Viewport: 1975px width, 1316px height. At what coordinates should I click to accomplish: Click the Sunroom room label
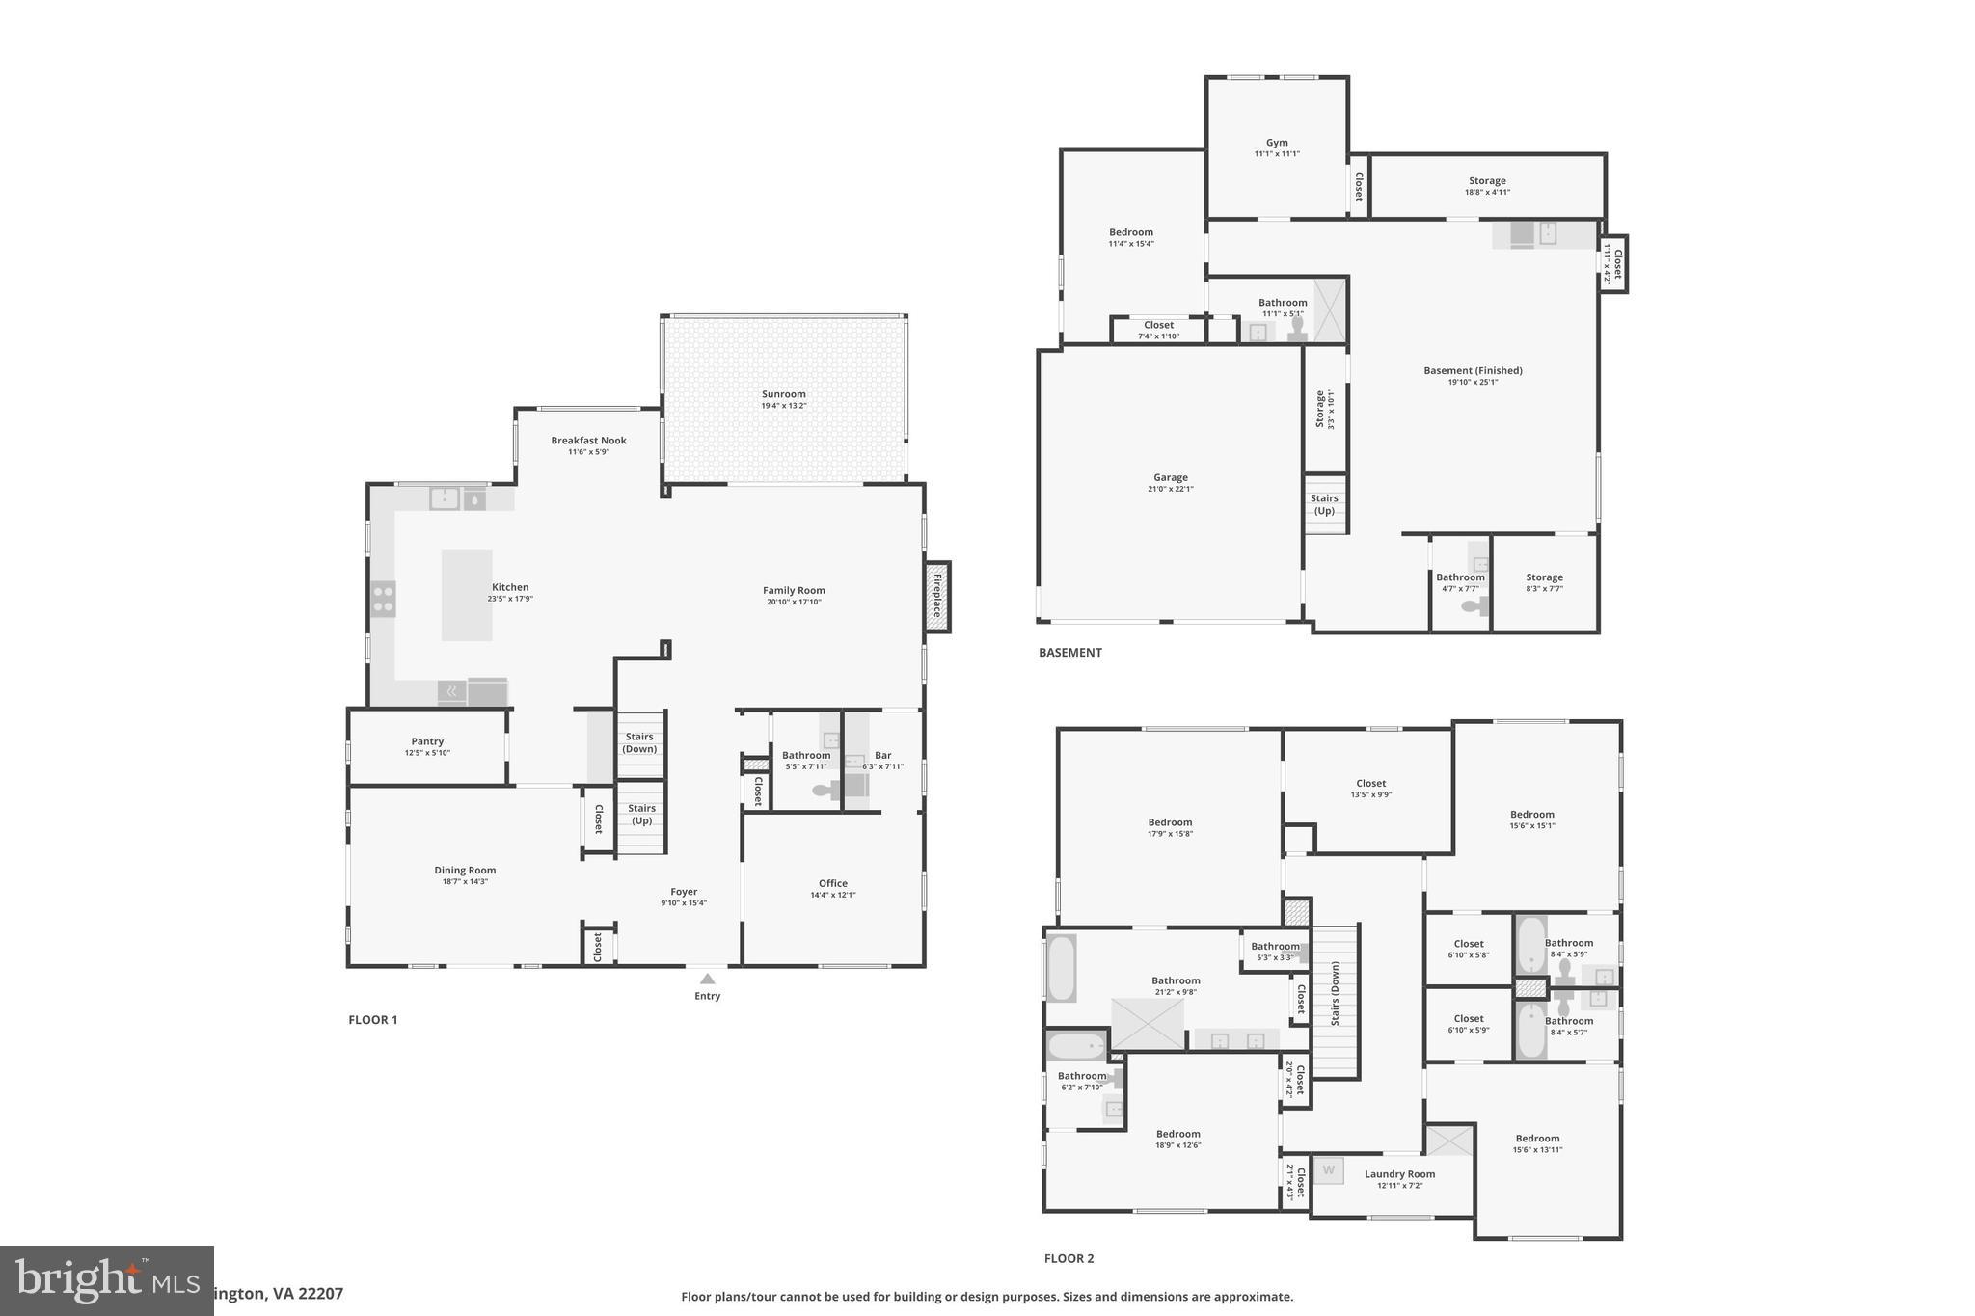783,394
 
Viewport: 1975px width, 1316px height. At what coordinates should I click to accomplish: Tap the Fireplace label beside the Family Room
936,596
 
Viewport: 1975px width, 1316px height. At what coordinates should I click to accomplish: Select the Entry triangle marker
707,979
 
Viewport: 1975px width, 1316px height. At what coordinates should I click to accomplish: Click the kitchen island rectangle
467,595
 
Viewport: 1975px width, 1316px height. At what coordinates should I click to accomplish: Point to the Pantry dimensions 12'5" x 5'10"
427,753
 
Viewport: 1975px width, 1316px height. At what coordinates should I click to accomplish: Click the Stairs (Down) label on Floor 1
639,742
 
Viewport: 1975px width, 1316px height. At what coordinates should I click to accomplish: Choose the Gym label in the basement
1277,143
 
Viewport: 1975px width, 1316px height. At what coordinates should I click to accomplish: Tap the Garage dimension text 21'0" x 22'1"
1170,489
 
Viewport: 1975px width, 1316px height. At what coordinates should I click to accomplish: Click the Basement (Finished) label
1473,370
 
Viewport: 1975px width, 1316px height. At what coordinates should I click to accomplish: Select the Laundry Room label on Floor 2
1399,1174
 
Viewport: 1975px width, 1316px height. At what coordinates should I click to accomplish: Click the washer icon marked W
1328,1170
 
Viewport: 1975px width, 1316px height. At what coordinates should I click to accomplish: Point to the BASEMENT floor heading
1069,653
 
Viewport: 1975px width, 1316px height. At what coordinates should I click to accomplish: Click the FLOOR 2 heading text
1069,1258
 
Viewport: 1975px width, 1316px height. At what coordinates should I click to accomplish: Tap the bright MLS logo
106,1280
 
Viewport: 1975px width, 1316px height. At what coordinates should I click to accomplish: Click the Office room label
833,883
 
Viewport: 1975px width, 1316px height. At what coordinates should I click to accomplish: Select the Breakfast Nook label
588,441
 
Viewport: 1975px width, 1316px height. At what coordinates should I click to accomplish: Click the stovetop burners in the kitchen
383,599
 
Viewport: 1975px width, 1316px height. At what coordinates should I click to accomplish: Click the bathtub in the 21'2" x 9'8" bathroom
1061,967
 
